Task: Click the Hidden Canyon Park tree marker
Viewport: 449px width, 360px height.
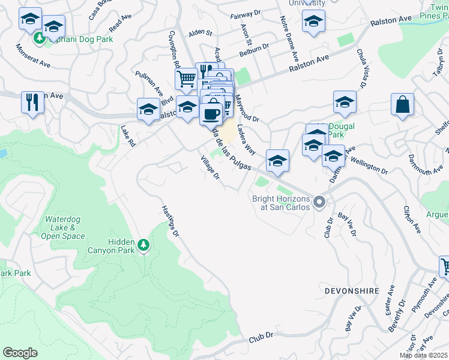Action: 143,245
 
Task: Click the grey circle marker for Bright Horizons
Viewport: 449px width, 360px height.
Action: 319,203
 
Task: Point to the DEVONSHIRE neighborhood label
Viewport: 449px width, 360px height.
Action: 352,290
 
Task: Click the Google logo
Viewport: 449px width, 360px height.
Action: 20,353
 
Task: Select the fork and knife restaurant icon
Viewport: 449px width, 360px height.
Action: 32,101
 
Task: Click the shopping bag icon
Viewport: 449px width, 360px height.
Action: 402,104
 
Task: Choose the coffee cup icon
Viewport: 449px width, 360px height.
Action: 211,112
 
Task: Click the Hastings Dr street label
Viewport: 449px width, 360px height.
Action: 170,220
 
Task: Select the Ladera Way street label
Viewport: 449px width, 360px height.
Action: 246,140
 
